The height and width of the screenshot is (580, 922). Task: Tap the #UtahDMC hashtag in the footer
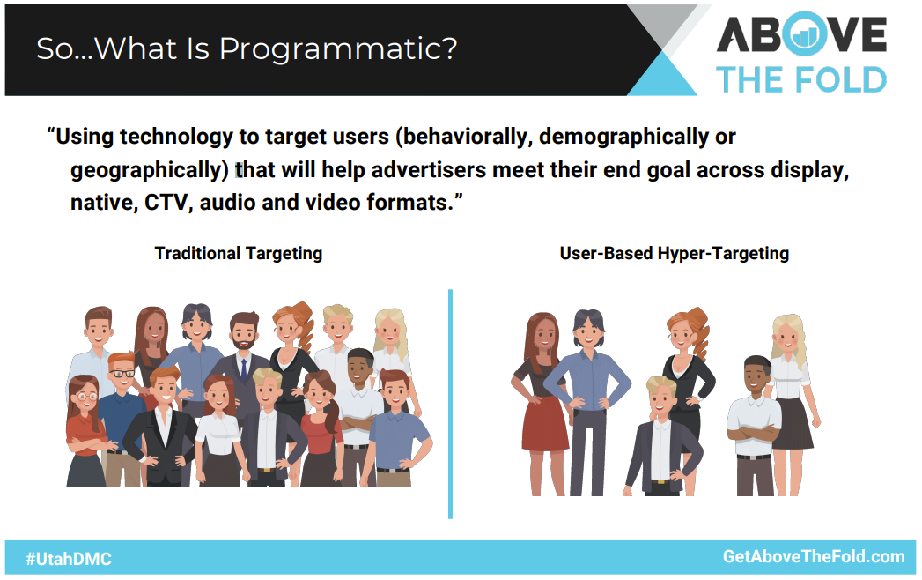[x=68, y=559]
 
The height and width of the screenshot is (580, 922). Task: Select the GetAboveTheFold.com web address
[x=814, y=556]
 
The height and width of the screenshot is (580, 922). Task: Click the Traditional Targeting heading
[x=238, y=253]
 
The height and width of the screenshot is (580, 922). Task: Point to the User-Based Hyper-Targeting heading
[x=674, y=253]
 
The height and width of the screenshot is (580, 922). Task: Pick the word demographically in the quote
[x=623, y=137]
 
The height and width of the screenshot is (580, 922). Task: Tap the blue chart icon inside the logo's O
[x=804, y=36]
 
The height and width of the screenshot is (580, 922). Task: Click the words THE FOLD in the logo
[x=801, y=79]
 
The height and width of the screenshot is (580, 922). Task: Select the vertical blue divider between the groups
[x=450, y=404]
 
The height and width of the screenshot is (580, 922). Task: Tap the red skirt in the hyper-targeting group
[x=544, y=423]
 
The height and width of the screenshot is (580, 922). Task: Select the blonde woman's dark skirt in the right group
[x=792, y=423]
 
